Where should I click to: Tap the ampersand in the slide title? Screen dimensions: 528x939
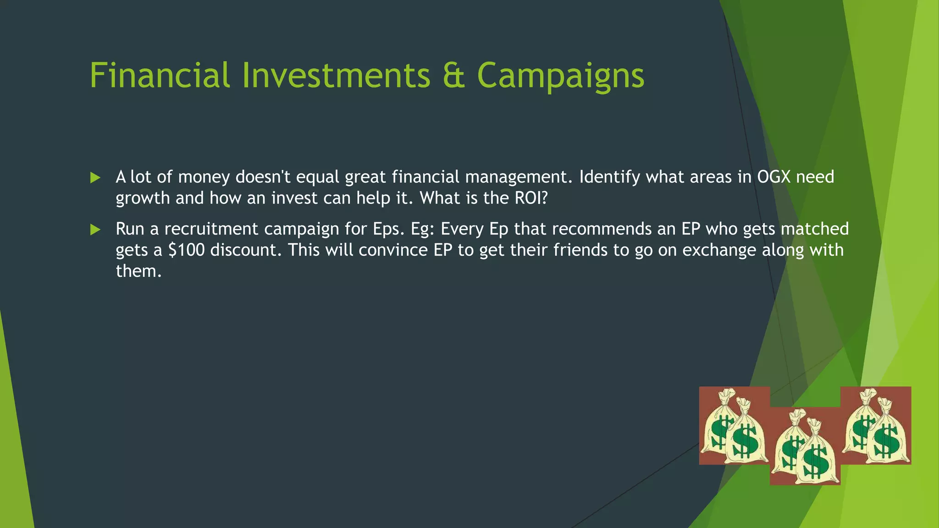pyautogui.click(x=454, y=75)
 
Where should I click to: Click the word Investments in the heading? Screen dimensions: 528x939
pyautogui.click(x=336, y=75)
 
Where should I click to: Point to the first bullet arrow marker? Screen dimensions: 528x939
pyautogui.click(x=95, y=178)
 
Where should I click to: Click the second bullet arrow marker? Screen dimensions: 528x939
pyautogui.click(x=95, y=230)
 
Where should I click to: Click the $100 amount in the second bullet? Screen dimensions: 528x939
pyautogui.click(x=186, y=250)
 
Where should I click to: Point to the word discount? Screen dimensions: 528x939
pyautogui.click(x=245, y=250)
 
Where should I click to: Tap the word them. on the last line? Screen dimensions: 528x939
pyautogui.click(x=138, y=271)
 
